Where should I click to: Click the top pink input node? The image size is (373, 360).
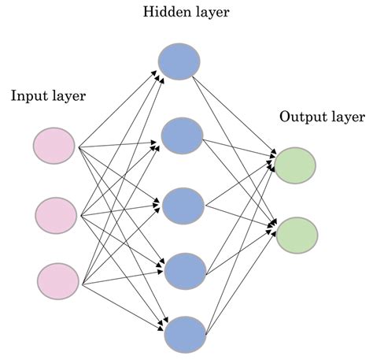pyautogui.click(x=54, y=147)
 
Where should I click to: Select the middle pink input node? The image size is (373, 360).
pyautogui.click(x=57, y=213)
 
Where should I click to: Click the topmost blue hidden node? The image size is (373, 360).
pyautogui.click(x=180, y=61)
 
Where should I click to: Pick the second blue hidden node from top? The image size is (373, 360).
pyautogui.click(x=183, y=135)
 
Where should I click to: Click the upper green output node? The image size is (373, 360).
pyautogui.click(x=294, y=164)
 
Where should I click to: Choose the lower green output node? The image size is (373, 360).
pyautogui.click(x=297, y=234)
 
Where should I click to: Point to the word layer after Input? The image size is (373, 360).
pyautogui.click(x=68, y=96)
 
